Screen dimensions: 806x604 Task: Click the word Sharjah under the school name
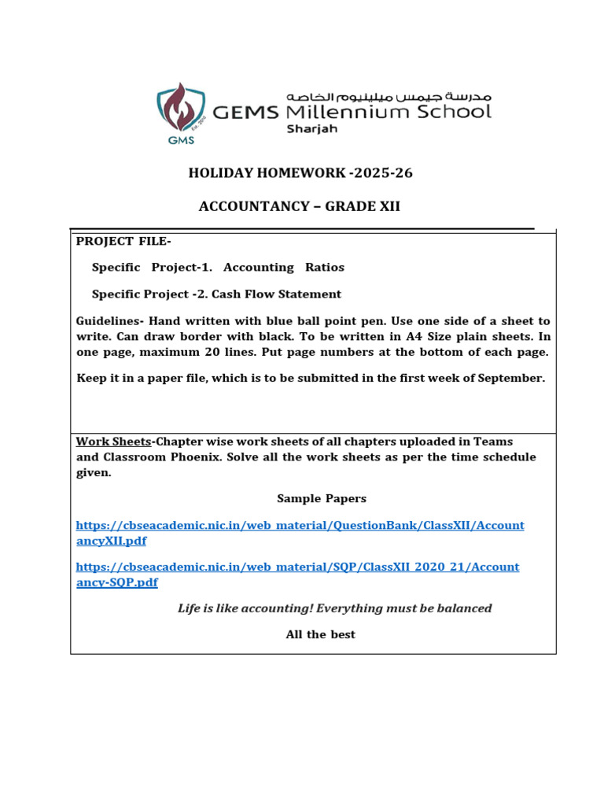point(311,129)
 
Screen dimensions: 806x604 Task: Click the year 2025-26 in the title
point(385,173)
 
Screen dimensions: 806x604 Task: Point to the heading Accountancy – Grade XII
point(300,206)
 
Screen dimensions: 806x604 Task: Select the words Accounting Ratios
point(284,268)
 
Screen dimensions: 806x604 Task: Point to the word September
point(509,378)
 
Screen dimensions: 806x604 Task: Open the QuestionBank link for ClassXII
point(300,526)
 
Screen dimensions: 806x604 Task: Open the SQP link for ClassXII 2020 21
point(297,567)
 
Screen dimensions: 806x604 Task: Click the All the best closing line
point(320,634)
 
